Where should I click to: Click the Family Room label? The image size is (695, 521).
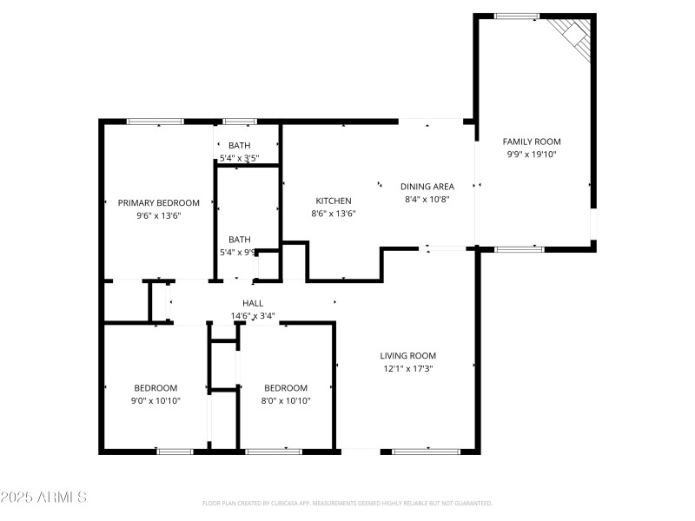coord(532,142)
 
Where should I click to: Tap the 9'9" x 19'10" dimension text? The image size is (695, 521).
coord(532,154)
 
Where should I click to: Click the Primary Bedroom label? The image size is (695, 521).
coord(159,202)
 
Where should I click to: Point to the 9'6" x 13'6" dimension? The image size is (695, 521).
coord(159,216)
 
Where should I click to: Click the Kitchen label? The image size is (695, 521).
coord(333,201)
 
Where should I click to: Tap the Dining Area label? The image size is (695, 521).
coord(427,186)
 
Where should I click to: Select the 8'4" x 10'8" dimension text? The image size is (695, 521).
coord(427,199)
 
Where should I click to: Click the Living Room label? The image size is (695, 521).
coord(407,355)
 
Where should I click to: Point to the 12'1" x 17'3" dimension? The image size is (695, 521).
coord(407,368)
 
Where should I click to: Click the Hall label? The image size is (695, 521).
coord(253,303)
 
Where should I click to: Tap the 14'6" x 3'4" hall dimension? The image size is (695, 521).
coord(253,316)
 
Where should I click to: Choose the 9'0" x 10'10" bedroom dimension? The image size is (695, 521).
coord(156,401)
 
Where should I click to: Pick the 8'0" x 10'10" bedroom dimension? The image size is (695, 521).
coord(286,401)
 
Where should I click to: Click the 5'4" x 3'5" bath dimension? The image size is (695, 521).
coord(239,158)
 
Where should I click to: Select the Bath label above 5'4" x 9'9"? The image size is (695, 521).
coord(239,240)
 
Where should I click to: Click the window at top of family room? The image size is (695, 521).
coord(517,16)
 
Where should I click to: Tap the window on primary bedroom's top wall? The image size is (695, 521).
coord(155,122)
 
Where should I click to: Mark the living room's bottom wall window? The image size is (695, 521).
coord(426,452)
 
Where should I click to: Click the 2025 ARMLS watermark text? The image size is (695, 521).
coord(43,498)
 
